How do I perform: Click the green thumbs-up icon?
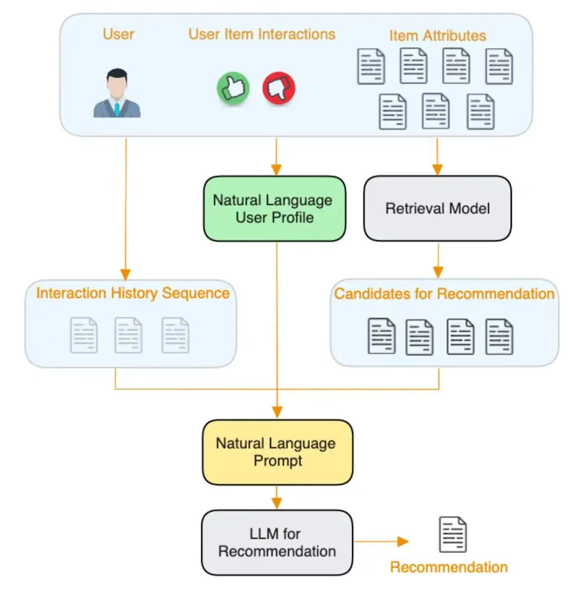click(233, 88)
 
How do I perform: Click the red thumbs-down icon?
click(279, 88)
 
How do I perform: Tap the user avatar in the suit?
click(117, 93)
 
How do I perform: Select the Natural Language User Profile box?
click(274, 209)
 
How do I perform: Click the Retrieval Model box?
click(437, 209)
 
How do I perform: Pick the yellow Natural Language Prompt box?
click(277, 452)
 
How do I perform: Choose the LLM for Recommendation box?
click(277, 542)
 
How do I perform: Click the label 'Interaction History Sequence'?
click(132, 293)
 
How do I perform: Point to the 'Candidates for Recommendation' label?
click(444, 294)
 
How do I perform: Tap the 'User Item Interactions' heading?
click(262, 34)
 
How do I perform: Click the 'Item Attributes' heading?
click(437, 36)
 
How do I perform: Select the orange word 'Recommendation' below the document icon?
click(449, 567)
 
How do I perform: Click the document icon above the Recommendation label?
click(452, 534)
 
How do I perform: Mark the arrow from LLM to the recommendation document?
click(381, 541)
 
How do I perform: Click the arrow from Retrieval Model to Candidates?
click(438, 261)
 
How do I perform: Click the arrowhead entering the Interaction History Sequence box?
click(126, 274)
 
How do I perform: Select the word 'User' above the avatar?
click(118, 34)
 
